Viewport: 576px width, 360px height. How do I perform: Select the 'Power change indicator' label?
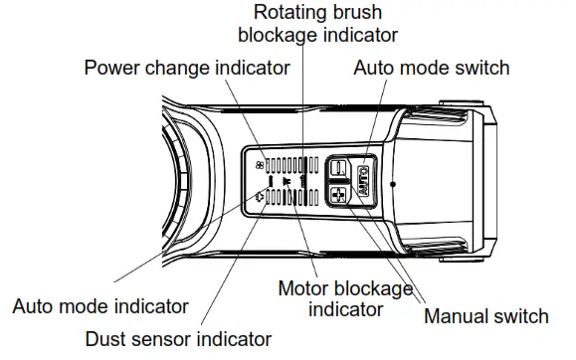(186, 68)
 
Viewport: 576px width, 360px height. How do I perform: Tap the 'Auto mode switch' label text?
(431, 68)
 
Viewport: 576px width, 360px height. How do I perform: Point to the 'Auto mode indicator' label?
(100, 305)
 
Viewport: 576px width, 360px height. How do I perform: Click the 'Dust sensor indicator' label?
(178, 338)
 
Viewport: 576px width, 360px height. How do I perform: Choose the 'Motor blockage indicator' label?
(344, 298)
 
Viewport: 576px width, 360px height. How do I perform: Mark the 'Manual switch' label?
(485, 316)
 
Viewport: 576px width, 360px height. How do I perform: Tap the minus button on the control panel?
(338, 169)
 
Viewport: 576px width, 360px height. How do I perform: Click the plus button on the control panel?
(338, 194)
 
